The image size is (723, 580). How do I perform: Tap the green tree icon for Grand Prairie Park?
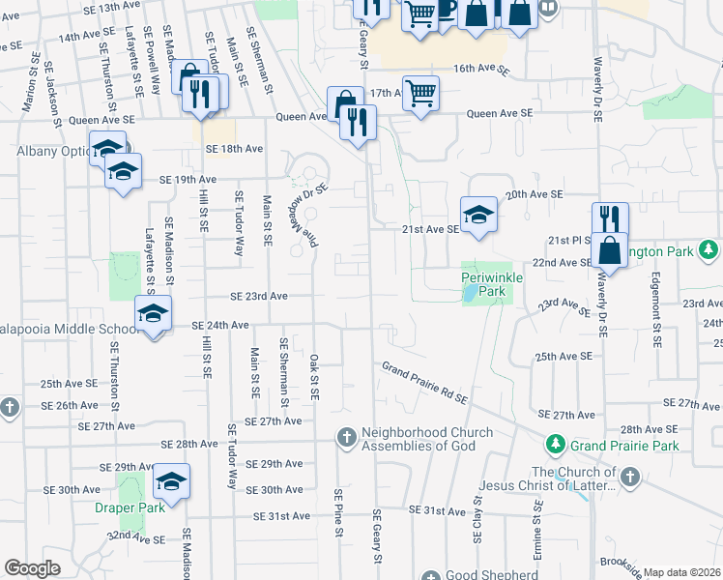pos(556,445)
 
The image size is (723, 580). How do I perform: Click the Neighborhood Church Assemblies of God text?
pos(426,439)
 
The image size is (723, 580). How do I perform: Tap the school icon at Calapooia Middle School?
pos(153,314)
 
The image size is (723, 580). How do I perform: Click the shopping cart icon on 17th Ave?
pos(420,94)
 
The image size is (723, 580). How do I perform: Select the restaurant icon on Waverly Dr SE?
pos(610,219)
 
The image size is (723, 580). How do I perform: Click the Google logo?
pos(32,568)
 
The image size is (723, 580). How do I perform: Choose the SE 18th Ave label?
pos(234,149)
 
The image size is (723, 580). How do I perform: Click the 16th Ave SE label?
pos(479,69)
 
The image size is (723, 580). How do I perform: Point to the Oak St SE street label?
pos(314,376)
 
